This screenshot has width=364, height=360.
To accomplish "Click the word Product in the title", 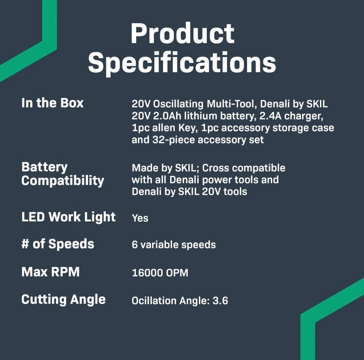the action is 183,33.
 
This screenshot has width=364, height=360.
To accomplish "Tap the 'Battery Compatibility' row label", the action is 62,174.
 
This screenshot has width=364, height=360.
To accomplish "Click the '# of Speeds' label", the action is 58,244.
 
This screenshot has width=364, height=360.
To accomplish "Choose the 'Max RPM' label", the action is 50,272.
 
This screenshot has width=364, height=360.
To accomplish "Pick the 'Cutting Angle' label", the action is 63,300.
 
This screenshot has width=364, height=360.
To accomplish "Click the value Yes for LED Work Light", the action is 140,218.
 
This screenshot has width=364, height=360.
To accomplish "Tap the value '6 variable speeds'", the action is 174,245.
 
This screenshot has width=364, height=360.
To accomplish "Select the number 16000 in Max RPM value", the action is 147,273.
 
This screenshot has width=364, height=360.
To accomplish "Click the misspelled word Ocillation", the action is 154,301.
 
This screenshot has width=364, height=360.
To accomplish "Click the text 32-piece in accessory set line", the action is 174,140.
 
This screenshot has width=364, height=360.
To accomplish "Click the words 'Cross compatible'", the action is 244,168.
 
